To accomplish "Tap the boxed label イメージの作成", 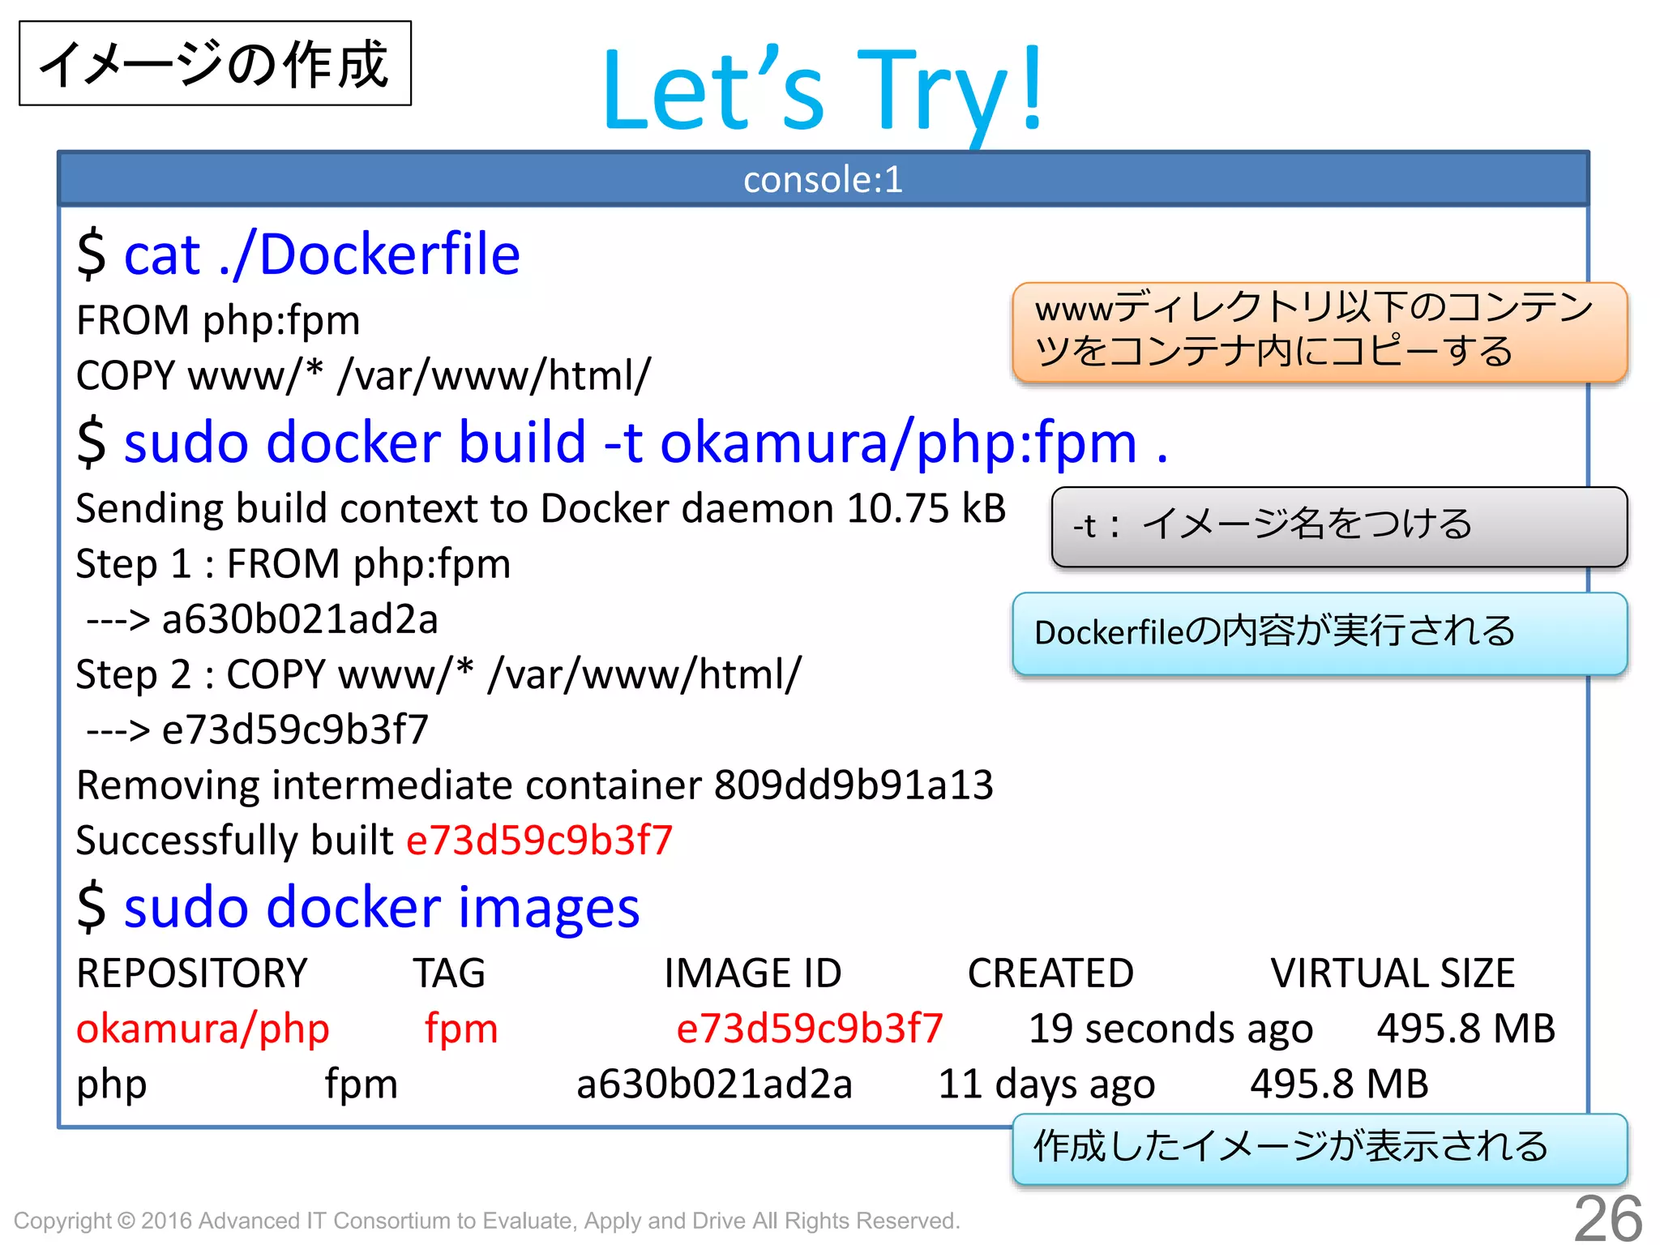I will (215, 64).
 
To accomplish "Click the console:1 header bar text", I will (823, 179).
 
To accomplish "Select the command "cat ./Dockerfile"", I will (322, 255).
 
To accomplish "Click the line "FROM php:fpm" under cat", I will (218, 320).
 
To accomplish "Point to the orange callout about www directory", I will (1319, 332).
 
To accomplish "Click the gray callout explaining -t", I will (1338, 526).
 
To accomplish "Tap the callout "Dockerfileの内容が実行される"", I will (1319, 633).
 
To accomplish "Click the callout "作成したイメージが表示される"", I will (1319, 1148).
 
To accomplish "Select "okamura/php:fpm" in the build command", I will (899, 443).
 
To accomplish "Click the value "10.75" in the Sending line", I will (897, 509).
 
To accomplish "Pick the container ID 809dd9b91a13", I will (854, 785).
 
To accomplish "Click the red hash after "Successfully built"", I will (539, 841).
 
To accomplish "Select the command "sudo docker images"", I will (382, 907).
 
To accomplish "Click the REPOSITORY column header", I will (192, 973).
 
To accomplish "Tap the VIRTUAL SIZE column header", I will (1392, 973).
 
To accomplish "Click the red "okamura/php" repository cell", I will (203, 1029).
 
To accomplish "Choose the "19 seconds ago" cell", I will (1170, 1029).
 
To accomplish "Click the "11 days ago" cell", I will (1046, 1085).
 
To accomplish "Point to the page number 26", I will (1607, 1217).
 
